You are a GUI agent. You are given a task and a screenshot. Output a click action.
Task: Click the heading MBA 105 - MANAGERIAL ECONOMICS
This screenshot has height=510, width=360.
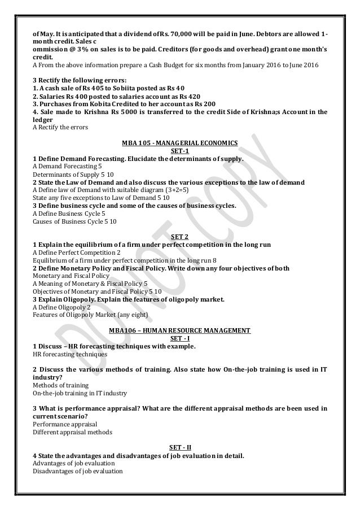point(180,143)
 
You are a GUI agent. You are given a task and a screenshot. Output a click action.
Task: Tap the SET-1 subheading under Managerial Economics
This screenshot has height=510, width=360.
point(180,151)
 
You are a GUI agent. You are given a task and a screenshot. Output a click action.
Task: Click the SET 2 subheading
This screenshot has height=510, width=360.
point(180,237)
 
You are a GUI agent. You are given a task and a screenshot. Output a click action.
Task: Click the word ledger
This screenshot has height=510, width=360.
point(43,120)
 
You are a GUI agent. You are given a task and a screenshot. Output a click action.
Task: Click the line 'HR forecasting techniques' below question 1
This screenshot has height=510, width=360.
point(69,354)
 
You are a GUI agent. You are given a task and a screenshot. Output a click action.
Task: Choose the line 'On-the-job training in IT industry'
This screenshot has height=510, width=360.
point(80,393)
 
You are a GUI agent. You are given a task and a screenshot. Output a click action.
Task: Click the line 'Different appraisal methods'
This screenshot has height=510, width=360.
point(72,432)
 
